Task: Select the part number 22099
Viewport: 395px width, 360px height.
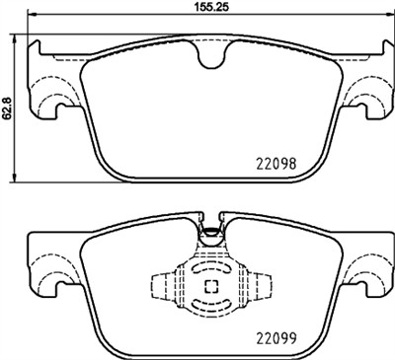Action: tap(276, 333)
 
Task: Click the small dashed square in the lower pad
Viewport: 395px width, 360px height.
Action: tap(209, 287)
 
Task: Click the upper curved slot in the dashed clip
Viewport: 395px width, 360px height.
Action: tap(209, 267)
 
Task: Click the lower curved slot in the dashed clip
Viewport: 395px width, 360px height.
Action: tap(209, 308)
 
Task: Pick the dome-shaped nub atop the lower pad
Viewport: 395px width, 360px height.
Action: tap(209, 235)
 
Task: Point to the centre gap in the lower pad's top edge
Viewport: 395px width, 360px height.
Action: tap(209, 219)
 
